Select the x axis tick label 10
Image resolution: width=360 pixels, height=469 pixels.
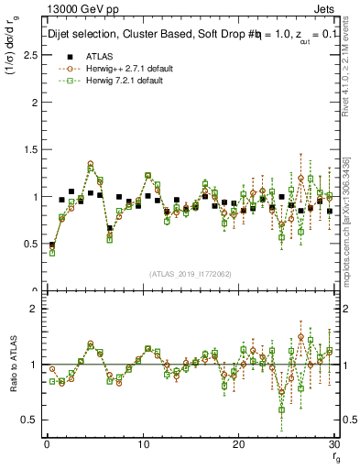pos(142,444)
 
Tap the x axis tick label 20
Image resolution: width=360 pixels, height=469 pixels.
pos(239,444)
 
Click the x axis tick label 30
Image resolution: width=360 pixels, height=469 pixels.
pos(335,444)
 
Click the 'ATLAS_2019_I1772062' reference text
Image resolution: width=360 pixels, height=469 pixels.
pos(190,274)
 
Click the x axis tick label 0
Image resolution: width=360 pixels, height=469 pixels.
pos(46,444)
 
